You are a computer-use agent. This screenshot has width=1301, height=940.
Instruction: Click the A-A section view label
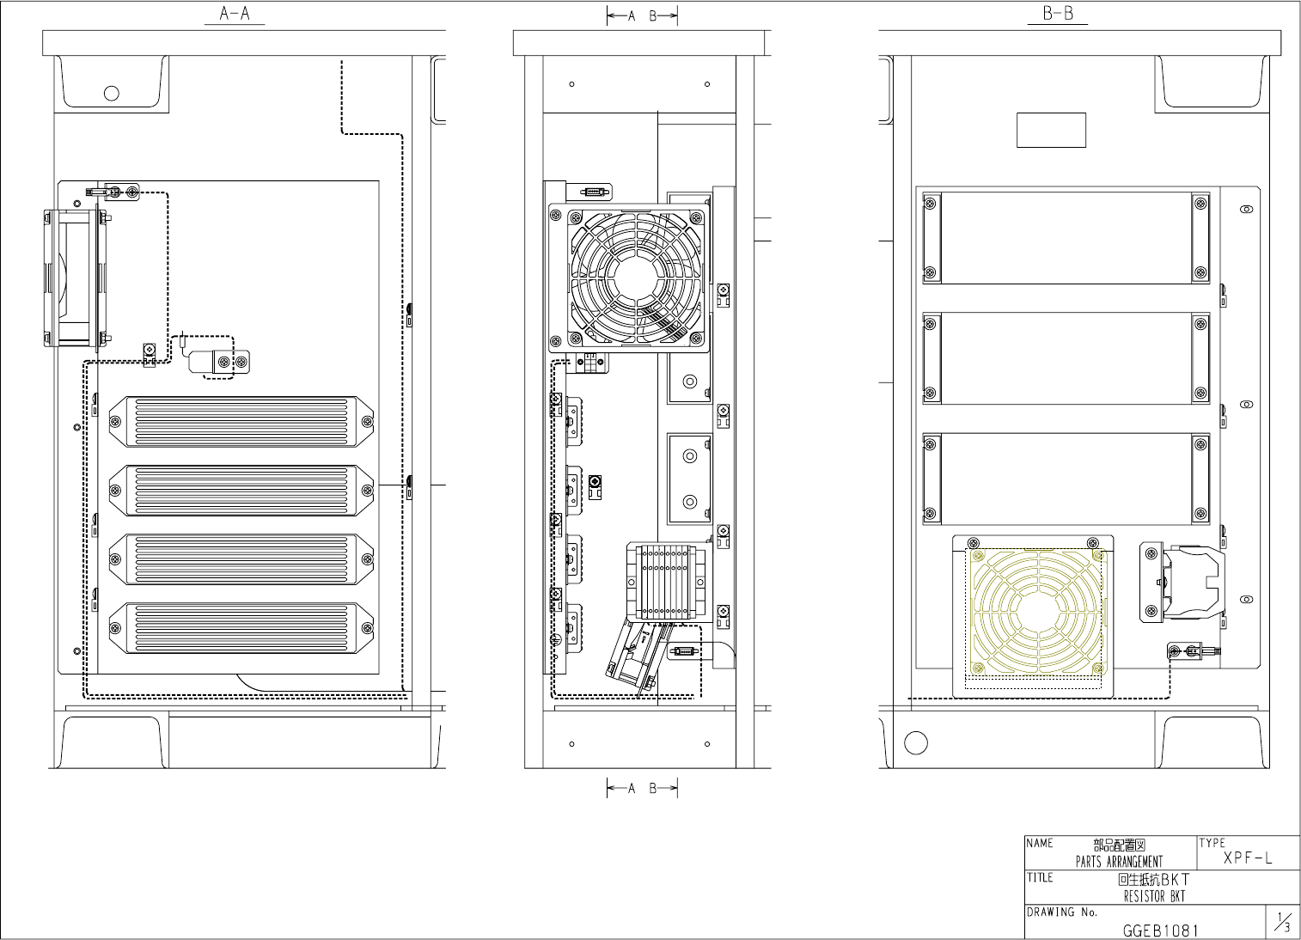coord(235,14)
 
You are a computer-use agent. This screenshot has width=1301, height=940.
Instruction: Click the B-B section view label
coord(1058,14)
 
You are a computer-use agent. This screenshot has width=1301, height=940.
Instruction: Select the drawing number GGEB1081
coord(1160,931)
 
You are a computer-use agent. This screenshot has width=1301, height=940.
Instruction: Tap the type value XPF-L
coord(1248,858)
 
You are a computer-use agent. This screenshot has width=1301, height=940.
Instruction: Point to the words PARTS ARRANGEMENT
coord(1119,862)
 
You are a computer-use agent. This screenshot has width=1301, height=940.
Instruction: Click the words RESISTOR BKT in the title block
coord(1154,896)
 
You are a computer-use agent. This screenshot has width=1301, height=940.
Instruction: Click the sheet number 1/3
coord(1283,922)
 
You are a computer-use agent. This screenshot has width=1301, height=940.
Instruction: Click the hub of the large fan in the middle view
coord(637,278)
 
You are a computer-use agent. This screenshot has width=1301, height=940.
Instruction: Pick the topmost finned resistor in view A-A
coord(241,422)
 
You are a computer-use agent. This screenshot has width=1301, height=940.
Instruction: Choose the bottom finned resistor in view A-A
coord(241,628)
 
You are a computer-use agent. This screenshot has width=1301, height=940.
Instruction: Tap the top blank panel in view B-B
coord(1066,238)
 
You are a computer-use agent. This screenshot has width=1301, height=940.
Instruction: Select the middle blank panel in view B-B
coord(1066,358)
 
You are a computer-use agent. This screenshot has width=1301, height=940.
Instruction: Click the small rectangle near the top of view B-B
coord(1051,130)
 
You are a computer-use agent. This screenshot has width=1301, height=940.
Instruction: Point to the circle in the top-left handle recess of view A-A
coord(112,93)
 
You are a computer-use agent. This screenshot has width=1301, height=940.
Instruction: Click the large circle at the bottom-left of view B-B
coord(916,742)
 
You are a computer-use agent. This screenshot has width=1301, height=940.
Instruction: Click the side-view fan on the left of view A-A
coord(76,278)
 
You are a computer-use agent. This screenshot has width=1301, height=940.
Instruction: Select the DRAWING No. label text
coord(1062,913)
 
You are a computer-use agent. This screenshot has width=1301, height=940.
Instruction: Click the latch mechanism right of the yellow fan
coord(1182,583)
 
